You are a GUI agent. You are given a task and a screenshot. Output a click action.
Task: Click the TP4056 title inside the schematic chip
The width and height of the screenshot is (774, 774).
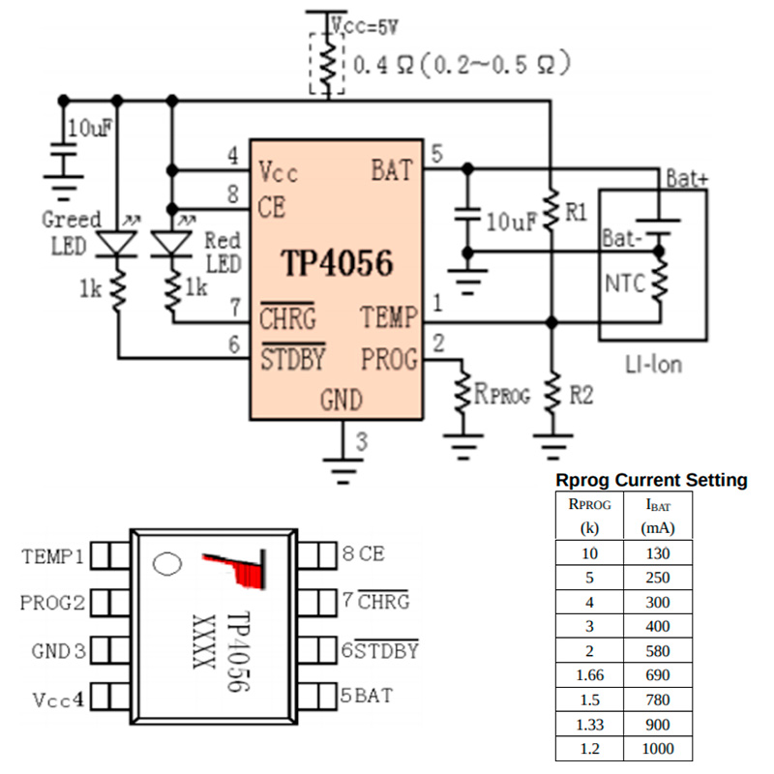tap(337, 262)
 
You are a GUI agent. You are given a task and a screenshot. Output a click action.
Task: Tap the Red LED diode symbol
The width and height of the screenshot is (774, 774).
tap(171, 244)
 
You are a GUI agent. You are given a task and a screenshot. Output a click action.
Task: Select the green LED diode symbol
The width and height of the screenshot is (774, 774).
tap(117, 244)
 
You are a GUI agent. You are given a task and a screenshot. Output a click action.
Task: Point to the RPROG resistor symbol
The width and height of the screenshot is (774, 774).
tap(462, 392)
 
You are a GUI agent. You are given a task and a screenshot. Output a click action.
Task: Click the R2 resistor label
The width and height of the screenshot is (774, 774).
tap(581, 396)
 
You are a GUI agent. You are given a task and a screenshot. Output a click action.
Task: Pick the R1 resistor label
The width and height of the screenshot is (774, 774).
tap(576, 212)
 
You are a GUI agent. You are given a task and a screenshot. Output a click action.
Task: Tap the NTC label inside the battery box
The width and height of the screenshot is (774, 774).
tap(625, 283)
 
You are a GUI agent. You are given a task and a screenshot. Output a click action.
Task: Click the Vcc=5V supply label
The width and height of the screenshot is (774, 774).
tap(365, 26)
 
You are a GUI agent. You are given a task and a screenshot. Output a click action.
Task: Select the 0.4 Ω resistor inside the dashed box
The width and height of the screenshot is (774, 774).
tap(327, 62)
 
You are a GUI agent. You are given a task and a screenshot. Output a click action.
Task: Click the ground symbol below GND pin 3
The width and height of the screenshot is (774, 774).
tap(342, 471)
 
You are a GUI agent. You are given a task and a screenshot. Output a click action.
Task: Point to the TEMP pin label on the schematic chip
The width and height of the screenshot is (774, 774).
tap(389, 317)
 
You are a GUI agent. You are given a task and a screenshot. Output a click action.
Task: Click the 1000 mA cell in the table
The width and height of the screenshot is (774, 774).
tap(658, 748)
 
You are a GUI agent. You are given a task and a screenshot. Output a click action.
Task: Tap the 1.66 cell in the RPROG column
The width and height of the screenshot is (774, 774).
tap(590, 674)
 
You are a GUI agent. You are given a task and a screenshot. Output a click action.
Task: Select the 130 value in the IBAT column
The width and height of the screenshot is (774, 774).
tap(658, 553)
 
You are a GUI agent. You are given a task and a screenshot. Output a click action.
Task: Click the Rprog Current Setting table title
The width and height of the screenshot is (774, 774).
tap(651, 480)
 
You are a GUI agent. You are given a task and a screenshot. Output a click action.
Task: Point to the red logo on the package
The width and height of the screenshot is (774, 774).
tap(236, 569)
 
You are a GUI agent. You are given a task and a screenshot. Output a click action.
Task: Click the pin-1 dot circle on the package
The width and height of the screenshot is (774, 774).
tap(167, 564)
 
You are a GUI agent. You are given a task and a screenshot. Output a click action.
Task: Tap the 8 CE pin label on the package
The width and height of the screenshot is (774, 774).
tap(364, 553)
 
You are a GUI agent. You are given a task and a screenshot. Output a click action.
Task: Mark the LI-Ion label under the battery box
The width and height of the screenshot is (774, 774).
tap(654, 365)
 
